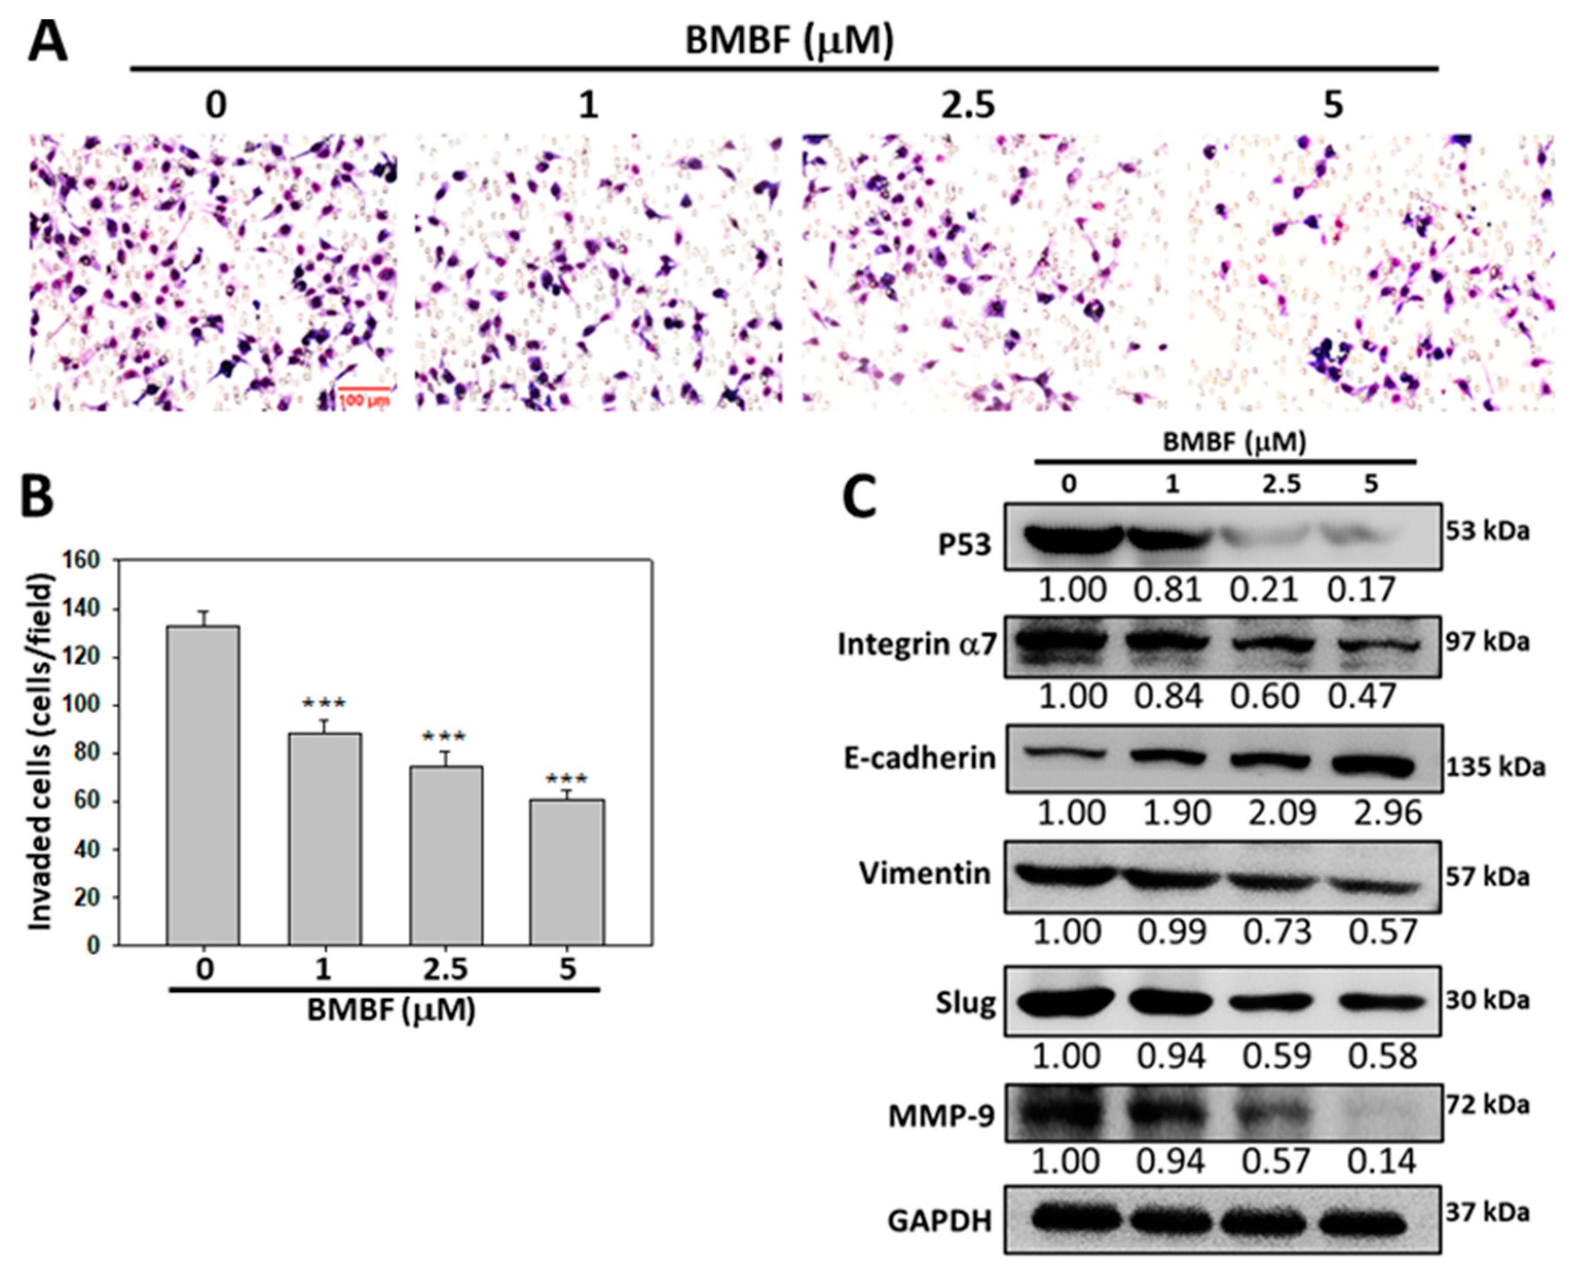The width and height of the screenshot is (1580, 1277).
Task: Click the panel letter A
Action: pyautogui.click(x=47, y=41)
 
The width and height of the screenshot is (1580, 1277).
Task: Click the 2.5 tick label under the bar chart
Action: pyautogui.click(x=445, y=970)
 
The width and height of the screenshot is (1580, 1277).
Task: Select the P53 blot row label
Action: pyautogui.click(x=964, y=545)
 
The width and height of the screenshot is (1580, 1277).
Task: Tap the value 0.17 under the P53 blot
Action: pyautogui.click(x=1361, y=590)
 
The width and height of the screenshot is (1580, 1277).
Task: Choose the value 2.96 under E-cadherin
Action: pyautogui.click(x=1387, y=813)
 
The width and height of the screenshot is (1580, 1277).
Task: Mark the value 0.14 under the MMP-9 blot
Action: pyautogui.click(x=1381, y=1161)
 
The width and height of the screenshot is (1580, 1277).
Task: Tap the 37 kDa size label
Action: pyautogui.click(x=1488, y=1212)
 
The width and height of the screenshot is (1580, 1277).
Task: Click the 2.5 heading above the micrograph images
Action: pyautogui.click(x=968, y=106)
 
